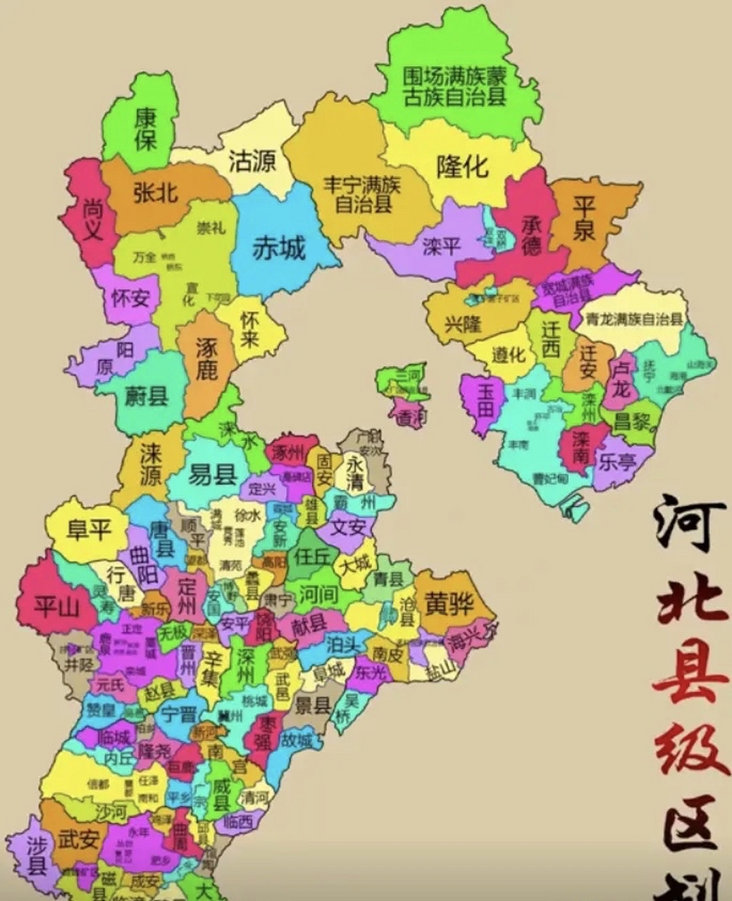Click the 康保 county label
[146, 128]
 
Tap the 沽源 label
[252, 162]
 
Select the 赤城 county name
[279, 248]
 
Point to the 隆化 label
[462, 167]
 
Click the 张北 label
[155, 192]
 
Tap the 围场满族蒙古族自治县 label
[454, 86]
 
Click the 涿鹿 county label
[205, 360]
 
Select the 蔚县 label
[147, 396]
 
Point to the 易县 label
[212, 476]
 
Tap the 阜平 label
[89, 529]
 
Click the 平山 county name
[57, 606]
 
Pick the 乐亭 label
[616, 462]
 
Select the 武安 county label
[78, 838]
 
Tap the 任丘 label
[312, 556]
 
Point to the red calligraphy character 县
[690, 679]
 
